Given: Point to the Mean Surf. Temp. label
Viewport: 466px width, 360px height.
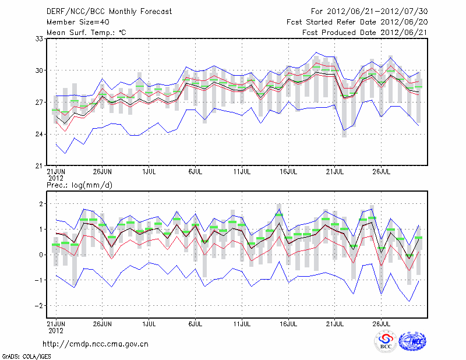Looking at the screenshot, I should tap(86, 33).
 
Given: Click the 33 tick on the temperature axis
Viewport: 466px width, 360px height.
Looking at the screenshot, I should tap(40, 38).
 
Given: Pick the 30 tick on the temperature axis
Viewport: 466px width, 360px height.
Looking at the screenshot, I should tap(40, 70).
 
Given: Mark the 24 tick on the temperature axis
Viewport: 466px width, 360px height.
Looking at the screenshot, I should tap(40, 134).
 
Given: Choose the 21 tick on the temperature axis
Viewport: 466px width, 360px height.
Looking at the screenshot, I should tap(40, 166).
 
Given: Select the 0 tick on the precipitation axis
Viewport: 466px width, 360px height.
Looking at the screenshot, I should tap(41, 255).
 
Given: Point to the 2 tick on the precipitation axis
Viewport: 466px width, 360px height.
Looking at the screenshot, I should tap(41, 204).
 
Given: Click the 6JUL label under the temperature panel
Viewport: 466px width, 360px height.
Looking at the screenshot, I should tap(196, 172).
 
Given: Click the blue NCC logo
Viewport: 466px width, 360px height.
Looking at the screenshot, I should tap(412, 342).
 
